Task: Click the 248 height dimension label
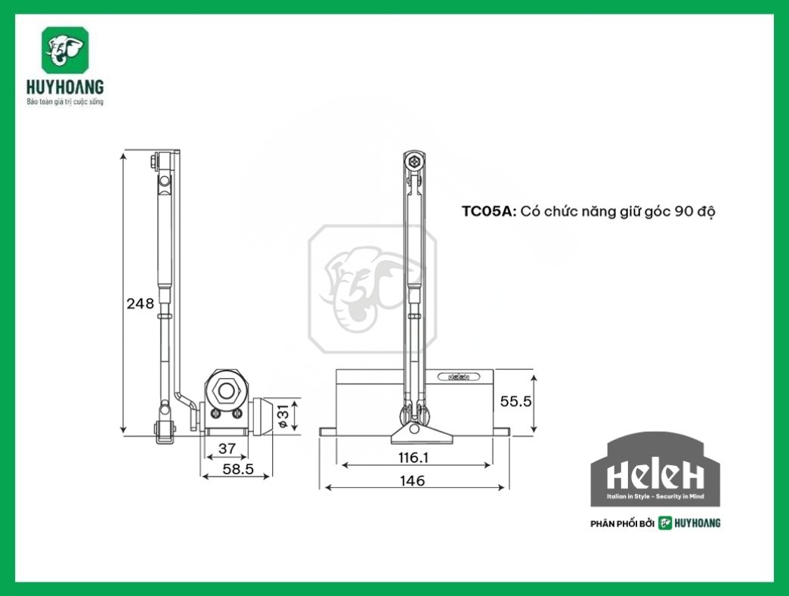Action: [x=141, y=303]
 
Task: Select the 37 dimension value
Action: [x=227, y=448]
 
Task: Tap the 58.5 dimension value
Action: [x=236, y=469]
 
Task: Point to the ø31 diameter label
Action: [x=283, y=414]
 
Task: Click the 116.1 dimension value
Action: [x=413, y=457]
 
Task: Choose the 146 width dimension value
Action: [x=413, y=480]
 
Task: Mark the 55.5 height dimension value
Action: [x=516, y=401]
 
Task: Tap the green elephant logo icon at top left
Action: [x=64, y=50]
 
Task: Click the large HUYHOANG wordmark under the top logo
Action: [x=64, y=87]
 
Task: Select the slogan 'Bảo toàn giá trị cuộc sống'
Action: [x=64, y=101]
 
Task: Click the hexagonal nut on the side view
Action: [x=224, y=390]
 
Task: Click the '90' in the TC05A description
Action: [x=683, y=212]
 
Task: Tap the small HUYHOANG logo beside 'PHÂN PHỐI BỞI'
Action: [x=688, y=523]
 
